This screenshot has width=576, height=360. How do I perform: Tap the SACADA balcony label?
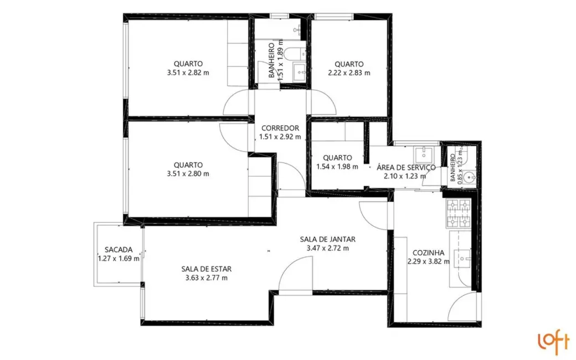119,249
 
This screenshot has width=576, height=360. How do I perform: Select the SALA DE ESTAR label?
204,269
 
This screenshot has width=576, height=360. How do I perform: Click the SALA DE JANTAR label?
327,239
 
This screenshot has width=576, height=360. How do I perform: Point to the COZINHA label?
428,253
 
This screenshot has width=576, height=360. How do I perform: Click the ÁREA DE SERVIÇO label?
405,167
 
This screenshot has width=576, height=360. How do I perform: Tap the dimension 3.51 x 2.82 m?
187,73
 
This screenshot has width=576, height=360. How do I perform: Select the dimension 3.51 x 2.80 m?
187,174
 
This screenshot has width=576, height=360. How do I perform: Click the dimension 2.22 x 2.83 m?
349,73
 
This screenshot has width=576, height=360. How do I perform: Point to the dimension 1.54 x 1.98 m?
337,167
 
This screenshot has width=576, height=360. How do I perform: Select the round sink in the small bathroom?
469,178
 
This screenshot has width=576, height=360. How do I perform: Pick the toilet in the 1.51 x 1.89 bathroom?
297,54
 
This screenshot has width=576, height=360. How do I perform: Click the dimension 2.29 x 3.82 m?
428,261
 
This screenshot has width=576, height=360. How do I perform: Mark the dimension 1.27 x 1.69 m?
119,258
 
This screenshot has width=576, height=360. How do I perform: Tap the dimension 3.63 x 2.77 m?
204,278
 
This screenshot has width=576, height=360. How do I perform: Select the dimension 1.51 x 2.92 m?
280,137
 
